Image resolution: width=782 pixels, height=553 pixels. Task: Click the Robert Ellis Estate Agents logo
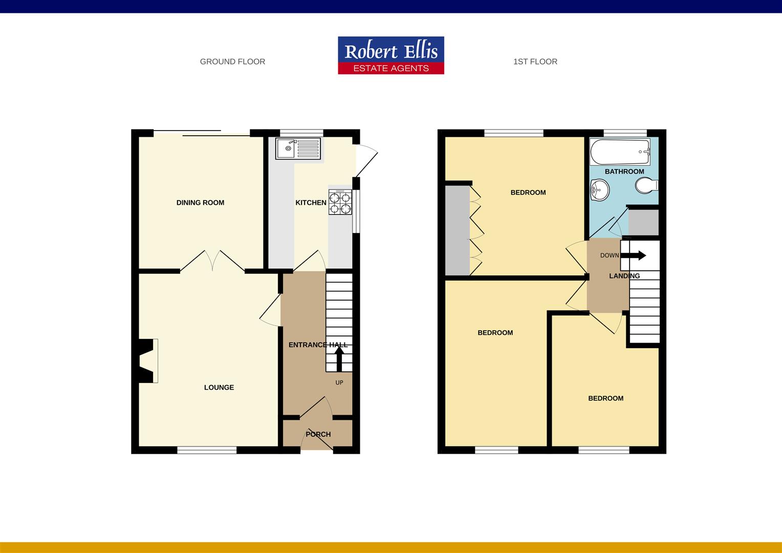point(390,55)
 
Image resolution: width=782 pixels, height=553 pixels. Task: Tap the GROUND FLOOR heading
point(232,61)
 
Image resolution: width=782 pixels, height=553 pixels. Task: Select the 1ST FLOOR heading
point(535,61)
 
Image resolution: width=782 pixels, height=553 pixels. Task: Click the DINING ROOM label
point(200,203)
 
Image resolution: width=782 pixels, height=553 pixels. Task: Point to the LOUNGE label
point(219,388)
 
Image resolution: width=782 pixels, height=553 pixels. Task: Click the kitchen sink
point(298,148)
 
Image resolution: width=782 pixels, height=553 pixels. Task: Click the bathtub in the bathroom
point(619,152)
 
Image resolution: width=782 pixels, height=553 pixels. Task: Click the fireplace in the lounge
point(148,360)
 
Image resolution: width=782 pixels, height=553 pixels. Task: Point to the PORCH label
point(318,434)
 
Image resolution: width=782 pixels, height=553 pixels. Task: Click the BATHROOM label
point(624,172)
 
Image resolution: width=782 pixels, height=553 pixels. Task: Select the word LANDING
point(624,276)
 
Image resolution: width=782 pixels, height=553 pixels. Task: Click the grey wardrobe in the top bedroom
point(457,230)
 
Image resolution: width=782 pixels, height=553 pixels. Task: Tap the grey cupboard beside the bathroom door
point(643,222)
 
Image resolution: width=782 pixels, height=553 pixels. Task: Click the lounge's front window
point(207,450)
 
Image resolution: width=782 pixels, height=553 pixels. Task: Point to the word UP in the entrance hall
point(339,382)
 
